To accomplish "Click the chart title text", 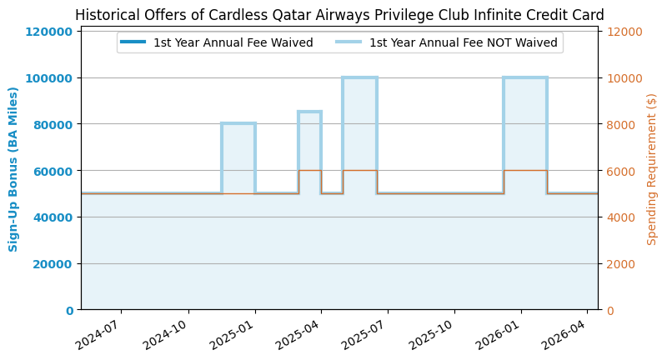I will (x=339, y=15).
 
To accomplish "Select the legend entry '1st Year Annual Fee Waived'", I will (x=233, y=42).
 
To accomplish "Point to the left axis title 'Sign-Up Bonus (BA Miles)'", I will (x=13, y=169).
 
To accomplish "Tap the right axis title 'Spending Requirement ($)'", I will (x=652, y=169).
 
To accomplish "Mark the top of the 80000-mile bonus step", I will (x=238, y=124).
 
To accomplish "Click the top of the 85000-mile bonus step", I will (x=309, y=112).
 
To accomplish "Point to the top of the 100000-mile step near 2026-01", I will (x=525, y=78).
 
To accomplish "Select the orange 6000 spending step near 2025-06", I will (x=359, y=171).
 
